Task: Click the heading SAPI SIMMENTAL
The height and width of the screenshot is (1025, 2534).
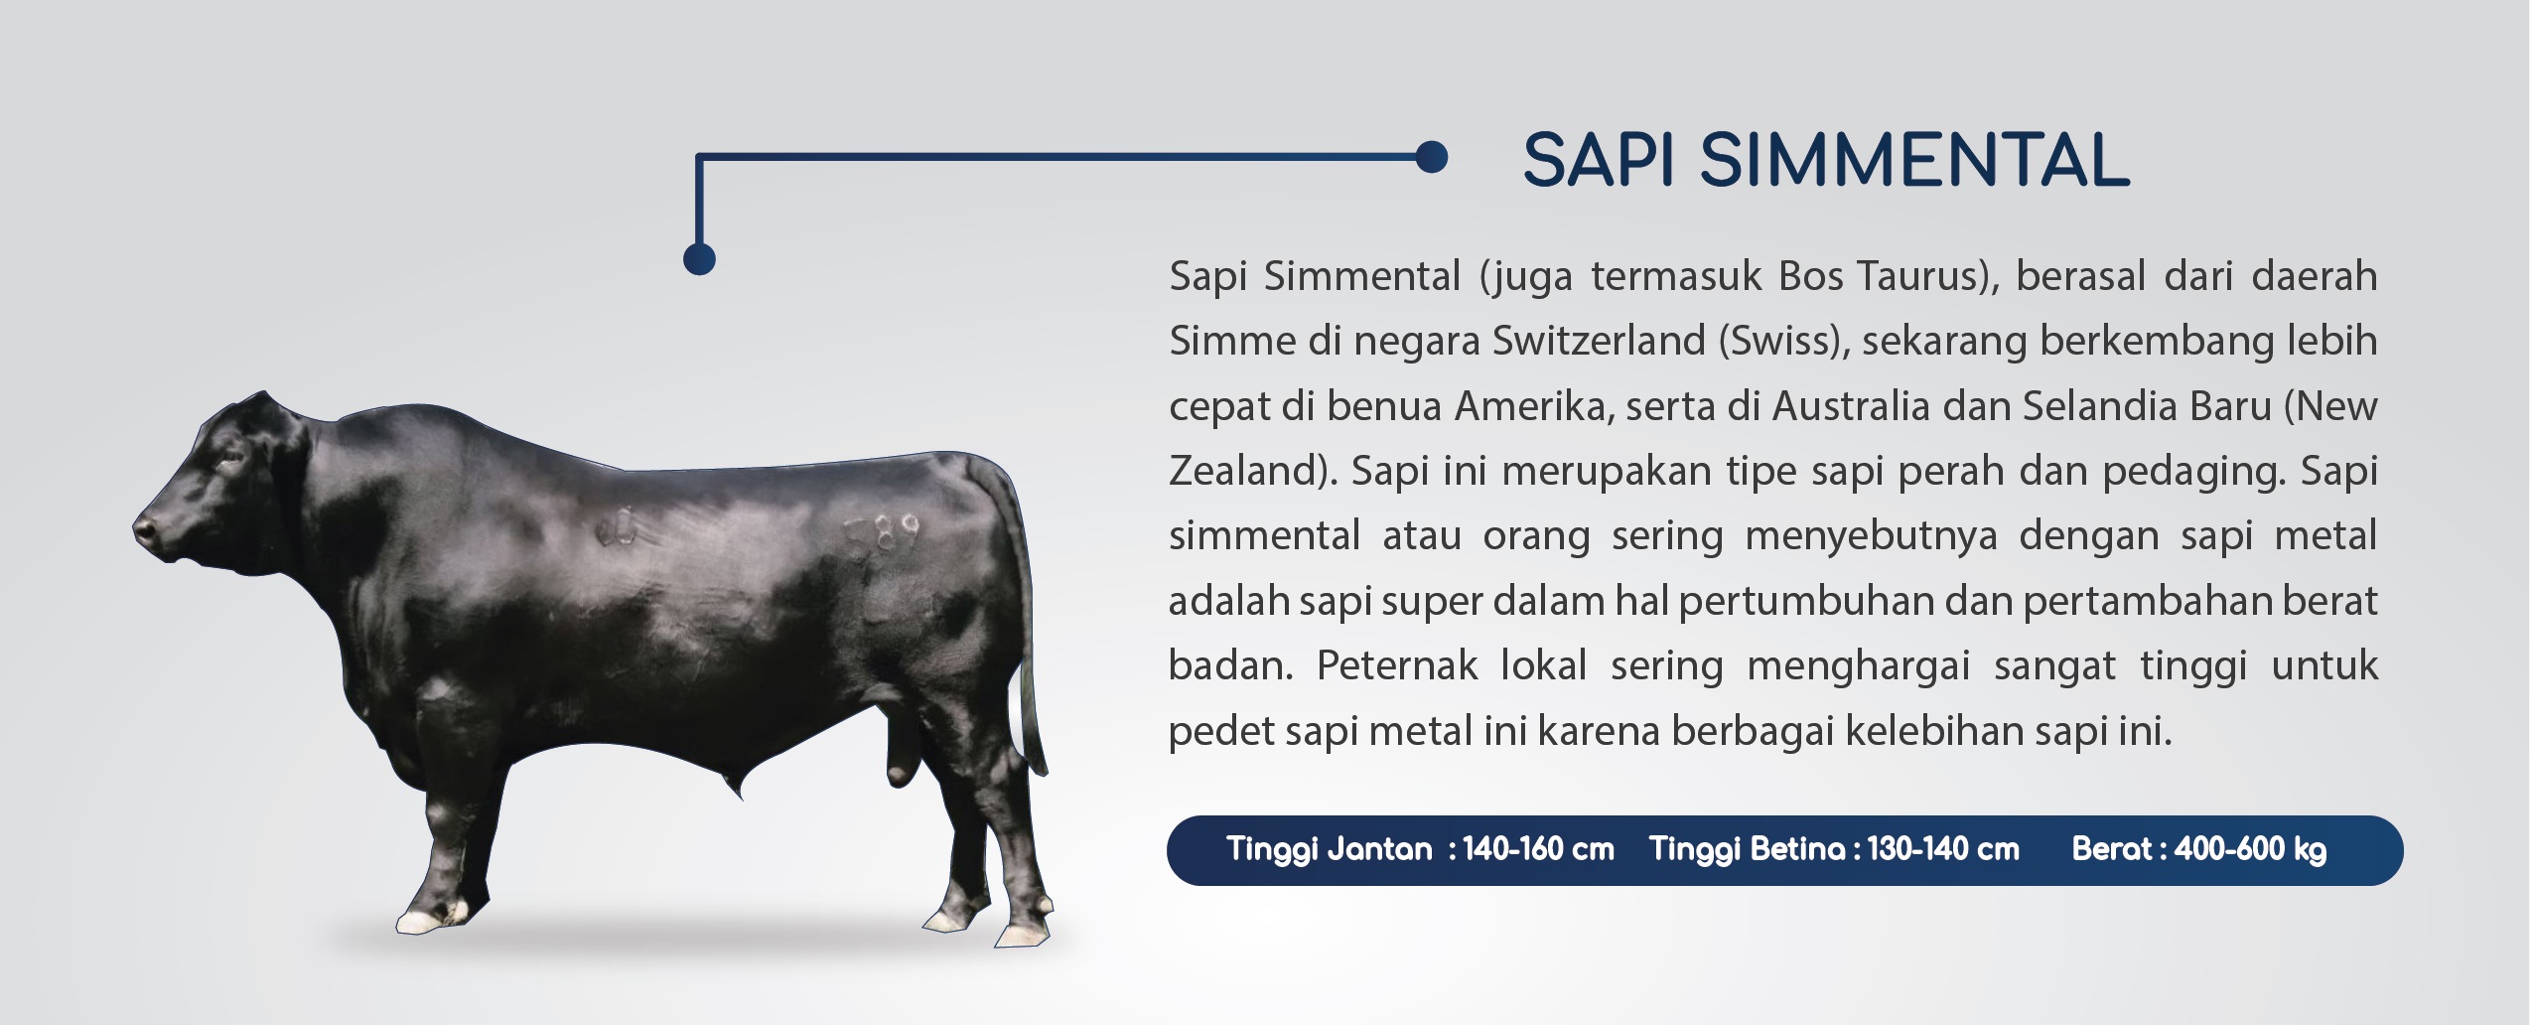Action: click(1825, 160)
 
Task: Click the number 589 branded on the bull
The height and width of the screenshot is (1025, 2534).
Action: click(883, 536)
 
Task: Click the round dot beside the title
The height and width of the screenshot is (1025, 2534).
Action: click(1431, 157)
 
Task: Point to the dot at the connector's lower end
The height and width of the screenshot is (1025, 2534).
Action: click(700, 258)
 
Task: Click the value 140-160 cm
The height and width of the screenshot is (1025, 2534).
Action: click(1538, 849)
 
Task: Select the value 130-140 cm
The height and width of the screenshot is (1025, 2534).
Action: click(1943, 849)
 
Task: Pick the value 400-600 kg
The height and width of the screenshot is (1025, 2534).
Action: click(2250, 850)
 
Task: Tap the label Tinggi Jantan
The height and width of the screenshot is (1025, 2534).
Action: click(1329, 850)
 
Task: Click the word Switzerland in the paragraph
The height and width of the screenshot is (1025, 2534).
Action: click(1599, 341)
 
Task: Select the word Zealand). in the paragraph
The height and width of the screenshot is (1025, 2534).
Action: click(1254, 471)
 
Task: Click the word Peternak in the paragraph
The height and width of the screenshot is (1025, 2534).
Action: click(1397, 665)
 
